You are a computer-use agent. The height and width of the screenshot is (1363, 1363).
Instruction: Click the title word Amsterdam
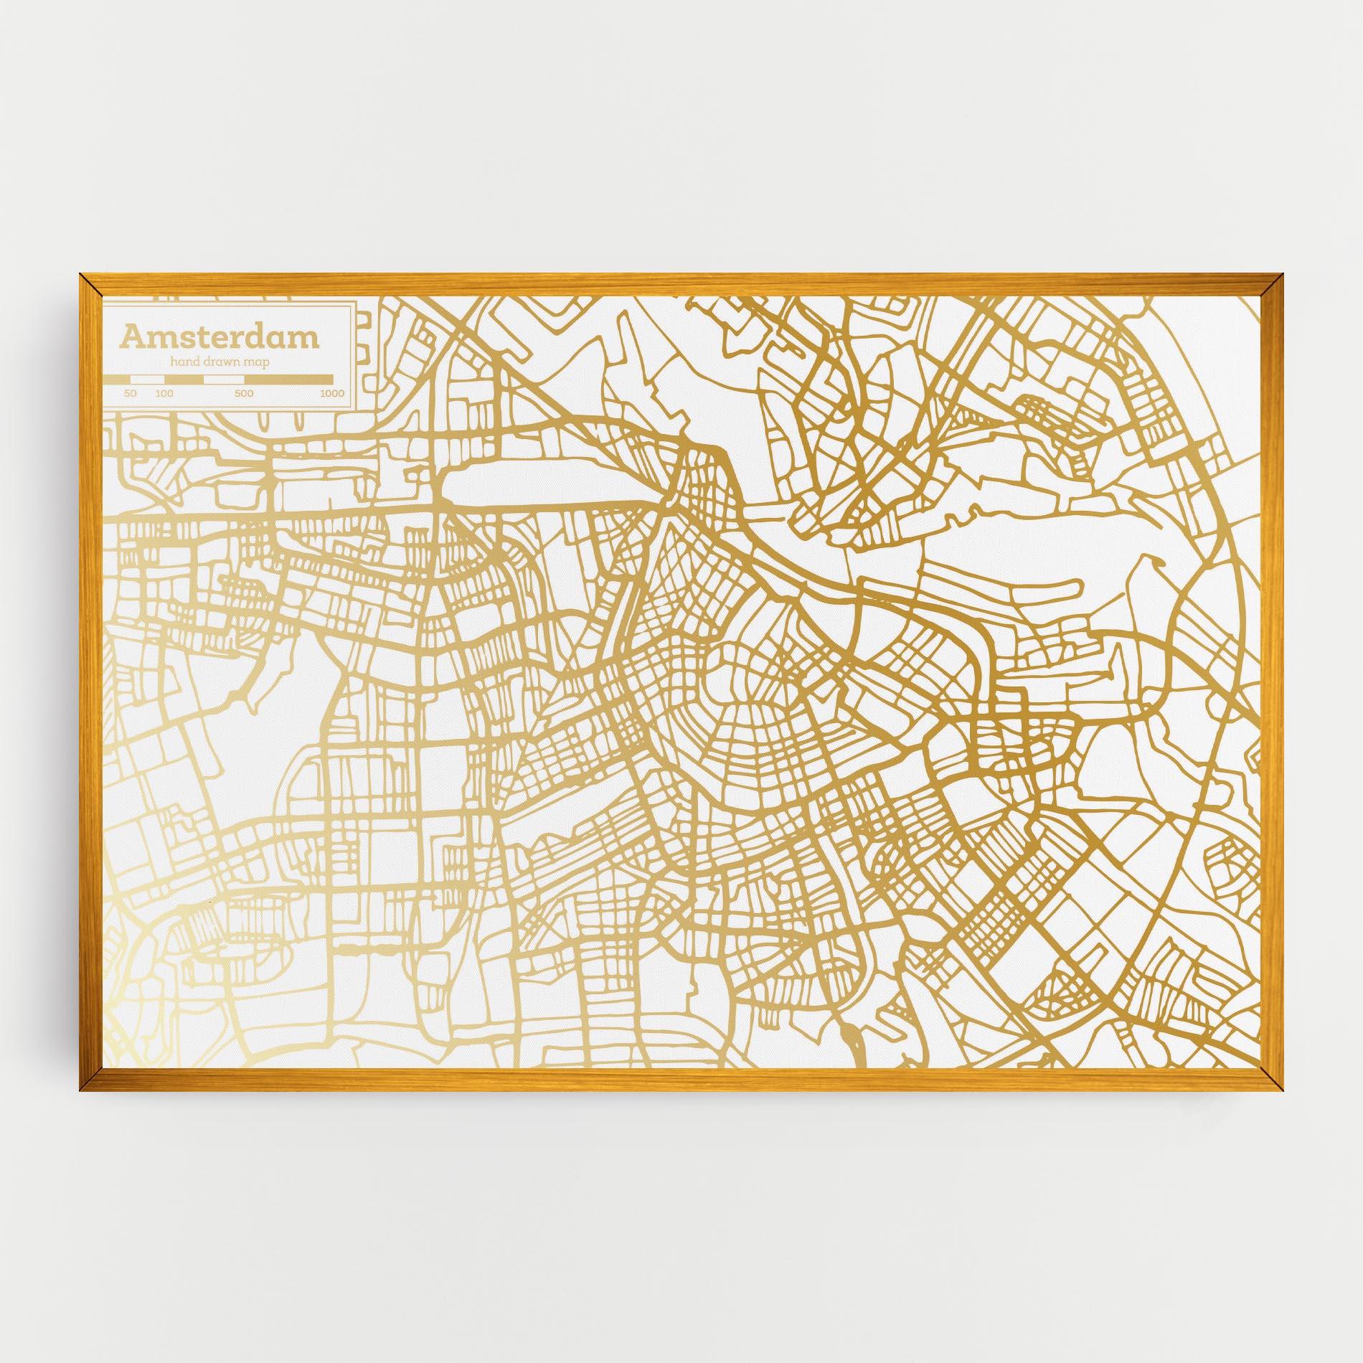pos(219,336)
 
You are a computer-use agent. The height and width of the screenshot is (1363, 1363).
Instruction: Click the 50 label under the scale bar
pos(131,393)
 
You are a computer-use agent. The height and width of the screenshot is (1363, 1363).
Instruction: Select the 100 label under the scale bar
pos(164,393)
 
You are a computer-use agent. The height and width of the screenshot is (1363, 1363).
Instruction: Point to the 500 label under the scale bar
pos(244,393)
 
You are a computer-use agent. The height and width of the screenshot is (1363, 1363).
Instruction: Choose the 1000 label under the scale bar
pos(332,393)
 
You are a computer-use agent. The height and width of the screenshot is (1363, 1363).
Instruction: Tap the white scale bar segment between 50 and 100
pos(147,379)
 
